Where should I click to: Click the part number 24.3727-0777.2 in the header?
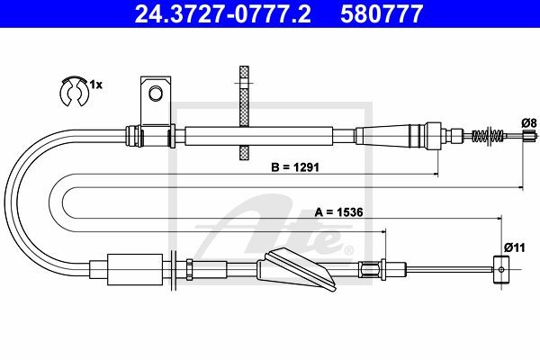(x=222, y=14)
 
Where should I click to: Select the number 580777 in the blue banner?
(x=382, y=14)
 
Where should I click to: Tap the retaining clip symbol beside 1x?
(x=75, y=92)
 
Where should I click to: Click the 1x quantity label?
(x=96, y=85)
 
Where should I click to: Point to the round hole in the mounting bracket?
(x=156, y=93)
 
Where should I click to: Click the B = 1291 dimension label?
(x=295, y=167)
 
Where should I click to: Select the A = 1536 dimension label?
(x=339, y=212)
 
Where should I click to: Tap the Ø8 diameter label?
(x=529, y=123)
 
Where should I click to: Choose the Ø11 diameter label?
(x=515, y=247)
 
